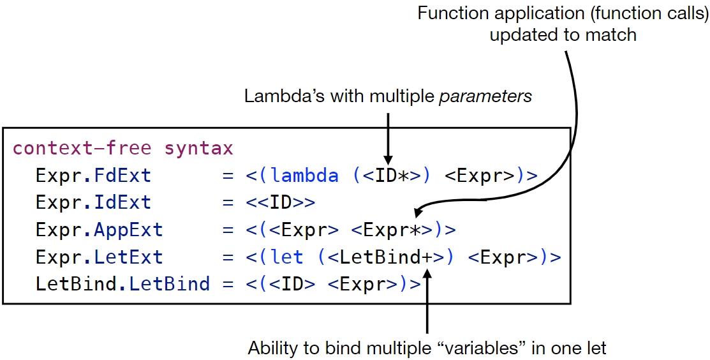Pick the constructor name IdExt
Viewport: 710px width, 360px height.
(x=122, y=203)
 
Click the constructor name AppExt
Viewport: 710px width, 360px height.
(x=128, y=230)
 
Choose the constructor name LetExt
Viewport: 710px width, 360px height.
(x=128, y=257)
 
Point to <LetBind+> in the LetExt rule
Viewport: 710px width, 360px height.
(x=387, y=257)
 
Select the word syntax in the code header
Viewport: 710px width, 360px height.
(x=199, y=149)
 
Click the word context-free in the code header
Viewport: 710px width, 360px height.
(x=82, y=149)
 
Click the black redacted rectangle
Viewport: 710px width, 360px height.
(x=118, y=26)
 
